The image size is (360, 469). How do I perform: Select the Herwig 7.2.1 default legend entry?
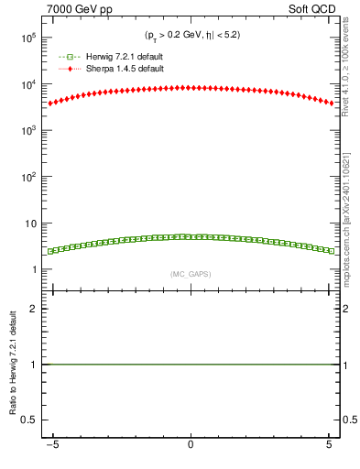pos(115,57)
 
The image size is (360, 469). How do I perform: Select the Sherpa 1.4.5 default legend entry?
pos(115,69)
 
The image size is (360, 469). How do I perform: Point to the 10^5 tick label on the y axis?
pos(36,38)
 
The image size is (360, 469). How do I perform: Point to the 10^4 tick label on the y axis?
pos(36,84)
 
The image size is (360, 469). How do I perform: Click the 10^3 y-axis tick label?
pos(36,131)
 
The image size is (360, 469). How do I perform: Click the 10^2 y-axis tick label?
pos(36,177)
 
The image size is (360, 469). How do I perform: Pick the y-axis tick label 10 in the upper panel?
pos(38,224)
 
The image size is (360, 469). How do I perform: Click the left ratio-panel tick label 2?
pos(39,309)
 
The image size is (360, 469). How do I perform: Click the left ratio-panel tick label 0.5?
pos(36,420)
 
